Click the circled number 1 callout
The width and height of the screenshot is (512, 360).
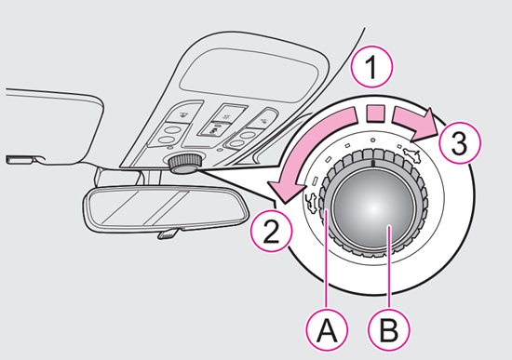[372, 67]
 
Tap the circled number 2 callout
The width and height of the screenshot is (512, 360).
[271, 231]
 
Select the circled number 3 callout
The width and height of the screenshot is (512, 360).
[460, 142]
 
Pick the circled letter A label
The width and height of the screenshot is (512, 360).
[327, 330]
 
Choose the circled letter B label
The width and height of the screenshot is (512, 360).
[389, 330]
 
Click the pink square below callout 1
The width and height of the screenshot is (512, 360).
[375, 113]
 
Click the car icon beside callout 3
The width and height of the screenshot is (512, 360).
[412, 155]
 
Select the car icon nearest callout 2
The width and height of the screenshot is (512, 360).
[311, 203]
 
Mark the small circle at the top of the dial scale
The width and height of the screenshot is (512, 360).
[372, 140]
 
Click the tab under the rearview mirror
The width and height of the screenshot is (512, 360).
[168, 233]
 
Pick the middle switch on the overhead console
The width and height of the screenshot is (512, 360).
[221, 119]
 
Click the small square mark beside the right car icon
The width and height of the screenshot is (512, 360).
[399, 147]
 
